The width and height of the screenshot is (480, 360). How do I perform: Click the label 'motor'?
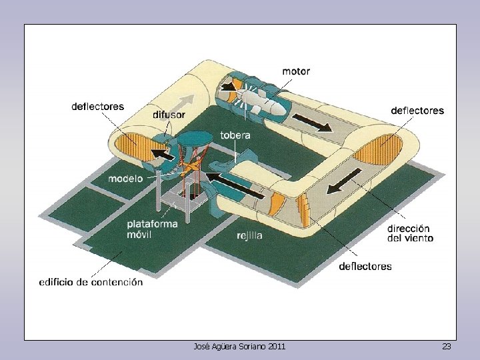point(296,71)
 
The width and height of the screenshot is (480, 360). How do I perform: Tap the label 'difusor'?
point(169,115)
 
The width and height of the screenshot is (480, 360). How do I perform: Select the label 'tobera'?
point(235,135)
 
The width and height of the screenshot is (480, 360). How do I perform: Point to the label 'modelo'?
point(125,179)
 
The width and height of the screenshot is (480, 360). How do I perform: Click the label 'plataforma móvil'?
point(152,229)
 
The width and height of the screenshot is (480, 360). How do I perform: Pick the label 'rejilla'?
point(249,235)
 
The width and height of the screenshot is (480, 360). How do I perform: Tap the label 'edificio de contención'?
point(91,282)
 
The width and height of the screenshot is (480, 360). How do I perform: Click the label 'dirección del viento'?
point(410,233)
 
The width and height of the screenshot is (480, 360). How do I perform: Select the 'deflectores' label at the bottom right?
point(365,266)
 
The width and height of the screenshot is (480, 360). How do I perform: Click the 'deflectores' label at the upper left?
point(97,107)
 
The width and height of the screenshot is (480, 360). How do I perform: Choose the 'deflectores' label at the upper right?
point(417,111)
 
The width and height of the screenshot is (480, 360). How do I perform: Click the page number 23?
point(446,347)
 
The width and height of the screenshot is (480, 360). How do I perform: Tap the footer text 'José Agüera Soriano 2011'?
point(239,347)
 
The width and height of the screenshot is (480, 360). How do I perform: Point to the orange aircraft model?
point(191,167)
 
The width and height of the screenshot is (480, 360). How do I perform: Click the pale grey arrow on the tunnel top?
point(181,103)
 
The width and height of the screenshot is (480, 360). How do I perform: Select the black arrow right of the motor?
point(312,122)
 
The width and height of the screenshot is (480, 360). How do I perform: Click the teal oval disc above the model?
point(194,139)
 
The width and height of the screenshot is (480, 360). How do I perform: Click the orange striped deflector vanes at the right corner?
point(378,150)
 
